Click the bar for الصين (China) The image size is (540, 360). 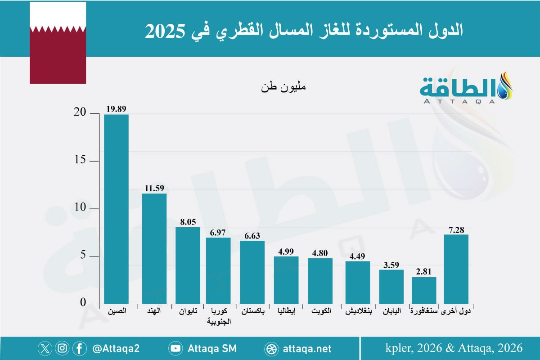coord(116,209)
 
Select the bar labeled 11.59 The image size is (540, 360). coord(154,248)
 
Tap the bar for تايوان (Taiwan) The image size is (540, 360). coord(188,265)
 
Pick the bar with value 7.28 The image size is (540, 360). coord(456,269)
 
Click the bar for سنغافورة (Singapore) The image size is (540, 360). coord(424,290)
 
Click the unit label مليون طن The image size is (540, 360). coord(283,87)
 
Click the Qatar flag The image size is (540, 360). coord(58,43)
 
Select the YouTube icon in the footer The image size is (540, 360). coord(175,348)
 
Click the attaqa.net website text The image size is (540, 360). coord(308,348)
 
